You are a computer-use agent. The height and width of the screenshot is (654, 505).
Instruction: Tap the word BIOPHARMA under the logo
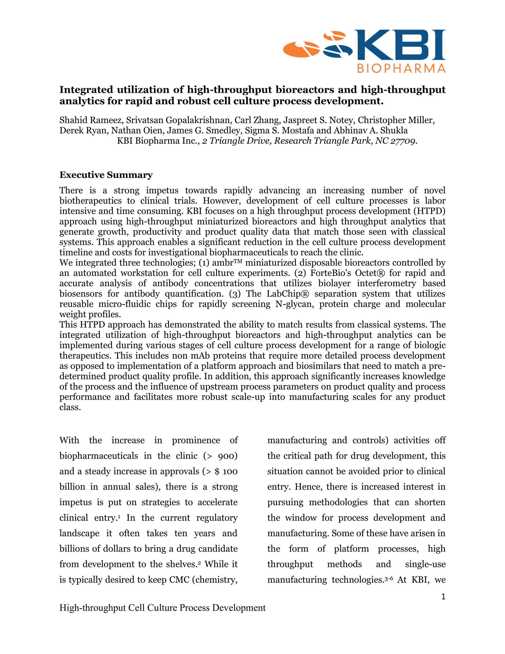(x=401, y=69)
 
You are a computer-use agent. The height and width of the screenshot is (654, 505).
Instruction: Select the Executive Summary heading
(x=106, y=175)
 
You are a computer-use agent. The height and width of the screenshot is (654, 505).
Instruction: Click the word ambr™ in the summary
(x=227, y=263)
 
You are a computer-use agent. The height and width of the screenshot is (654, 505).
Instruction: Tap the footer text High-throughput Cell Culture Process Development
(x=162, y=608)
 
